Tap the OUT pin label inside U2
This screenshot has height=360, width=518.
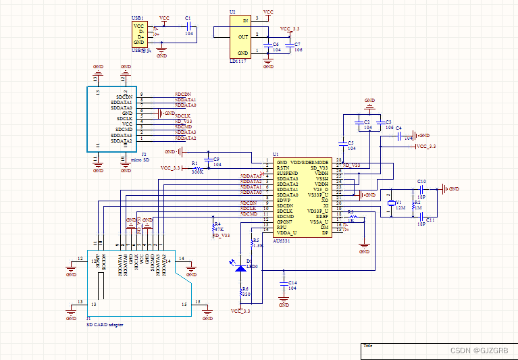pyautogui.click(x=242, y=36)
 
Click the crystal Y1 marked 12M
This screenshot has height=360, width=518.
pyautogui.click(x=390, y=204)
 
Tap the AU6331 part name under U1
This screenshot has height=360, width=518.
pyautogui.click(x=282, y=239)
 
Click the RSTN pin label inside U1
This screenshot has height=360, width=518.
pyautogui.click(x=282, y=168)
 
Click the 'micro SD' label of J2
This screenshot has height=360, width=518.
pyautogui.click(x=140, y=159)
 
